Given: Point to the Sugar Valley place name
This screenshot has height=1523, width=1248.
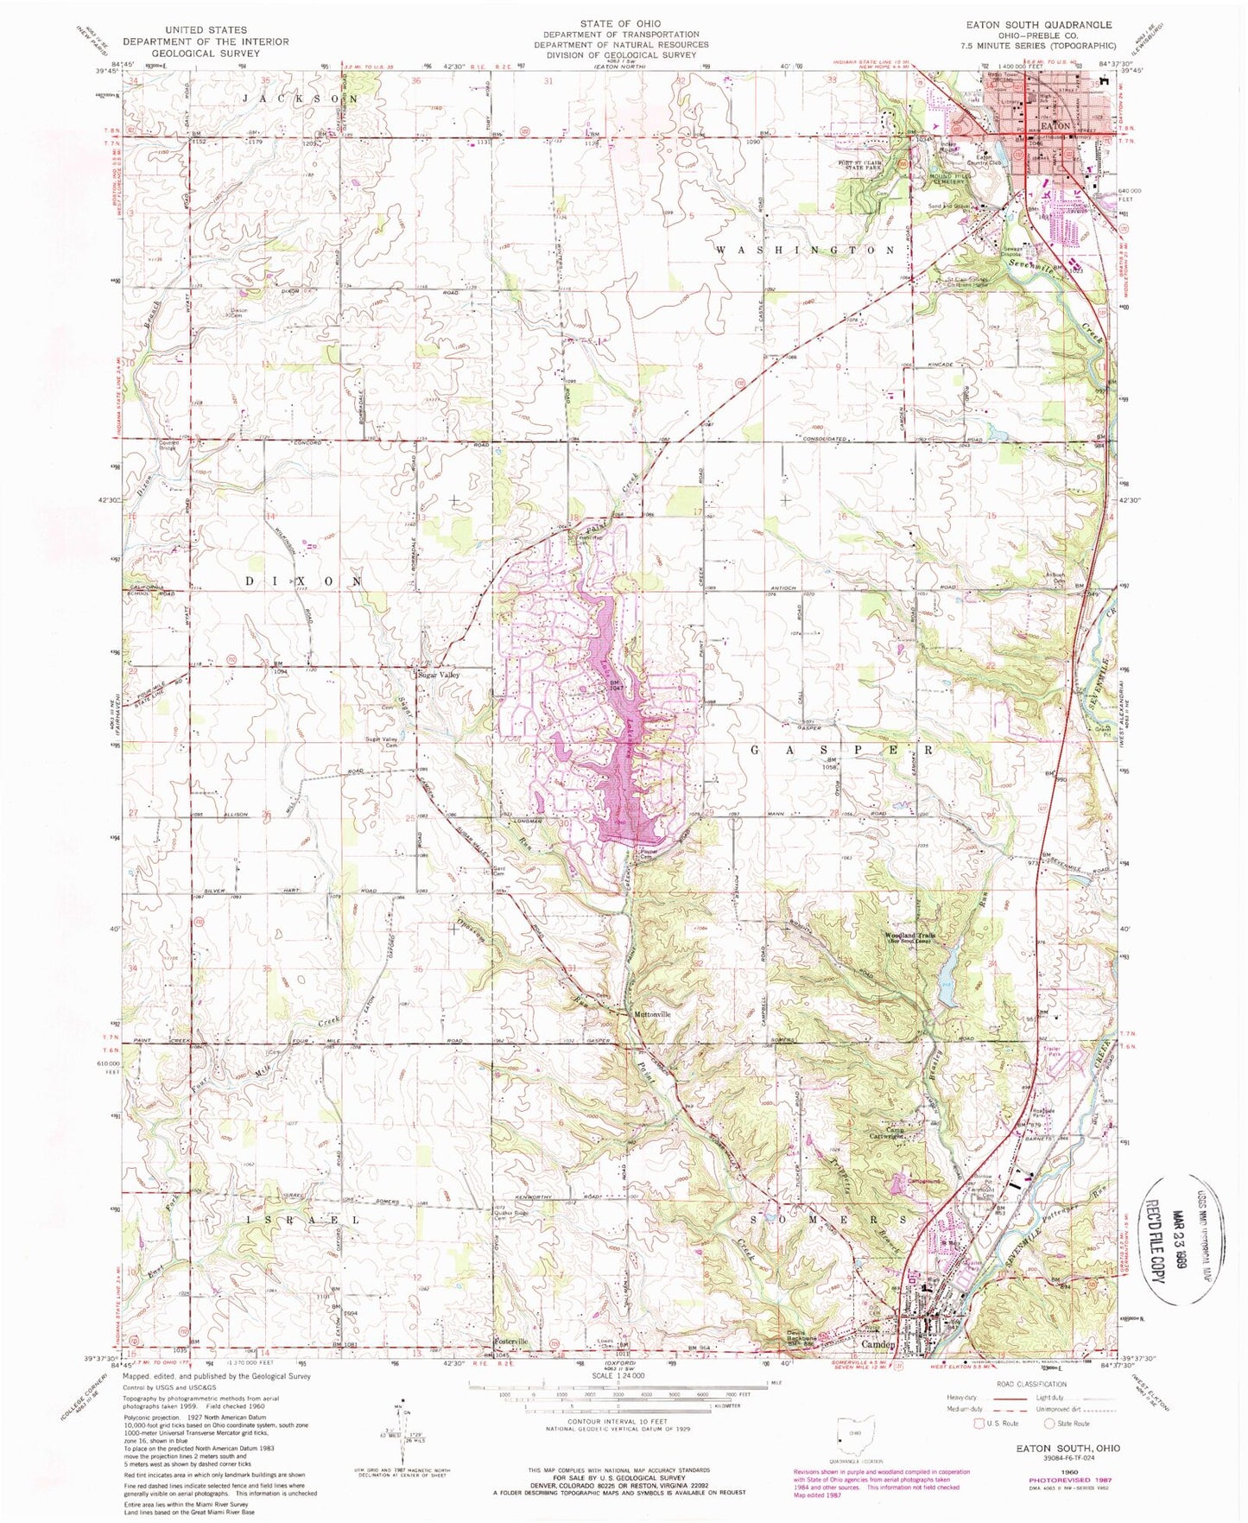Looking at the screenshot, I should [x=438, y=675].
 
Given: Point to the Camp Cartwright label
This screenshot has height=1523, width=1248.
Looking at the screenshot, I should [x=887, y=1133].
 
